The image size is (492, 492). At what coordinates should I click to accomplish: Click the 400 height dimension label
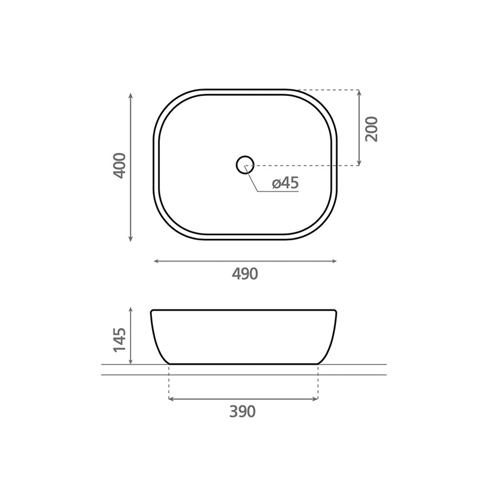click(119, 165)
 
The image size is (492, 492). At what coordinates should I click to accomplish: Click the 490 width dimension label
click(245, 274)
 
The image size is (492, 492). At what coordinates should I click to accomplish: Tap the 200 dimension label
click(371, 129)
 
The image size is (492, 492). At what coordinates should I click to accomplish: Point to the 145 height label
click(119, 338)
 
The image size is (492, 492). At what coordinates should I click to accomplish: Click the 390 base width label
click(243, 412)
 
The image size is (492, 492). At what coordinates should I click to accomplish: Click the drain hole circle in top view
click(245, 165)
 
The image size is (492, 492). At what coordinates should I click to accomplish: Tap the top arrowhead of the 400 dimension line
click(131, 95)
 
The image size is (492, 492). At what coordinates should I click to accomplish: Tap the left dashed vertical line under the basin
click(169, 383)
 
